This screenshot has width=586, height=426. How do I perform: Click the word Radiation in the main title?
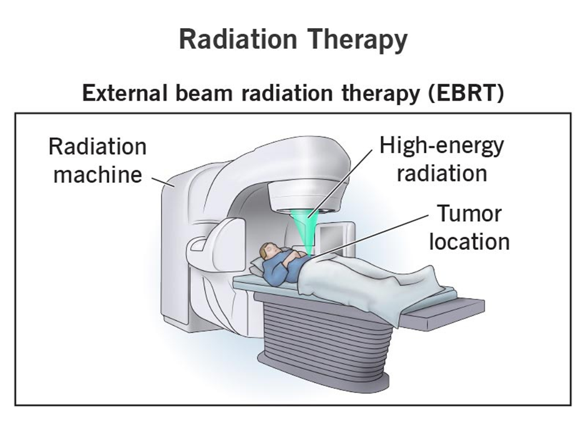238,39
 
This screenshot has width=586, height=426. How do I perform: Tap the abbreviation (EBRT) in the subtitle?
466,93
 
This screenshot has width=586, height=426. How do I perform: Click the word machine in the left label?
98,174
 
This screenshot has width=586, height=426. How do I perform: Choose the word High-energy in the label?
442,147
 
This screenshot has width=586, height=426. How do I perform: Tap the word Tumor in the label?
469,214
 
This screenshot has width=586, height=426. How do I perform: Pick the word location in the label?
469,242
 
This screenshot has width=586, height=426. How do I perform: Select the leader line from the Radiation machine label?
163,182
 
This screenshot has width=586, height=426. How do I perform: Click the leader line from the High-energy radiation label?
340,183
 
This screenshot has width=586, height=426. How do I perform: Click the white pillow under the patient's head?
257,266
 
